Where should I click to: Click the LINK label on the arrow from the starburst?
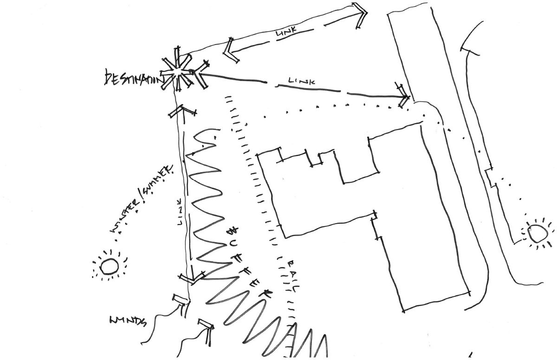pyautogui.click(x=301, y=82)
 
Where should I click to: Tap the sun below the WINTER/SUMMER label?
pyautogui.click(x=110, y=266)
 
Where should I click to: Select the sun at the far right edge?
pyautogui.click(x=538, y=233)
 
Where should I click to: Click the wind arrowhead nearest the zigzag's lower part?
pyautogui.click(x=207, y=325)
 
